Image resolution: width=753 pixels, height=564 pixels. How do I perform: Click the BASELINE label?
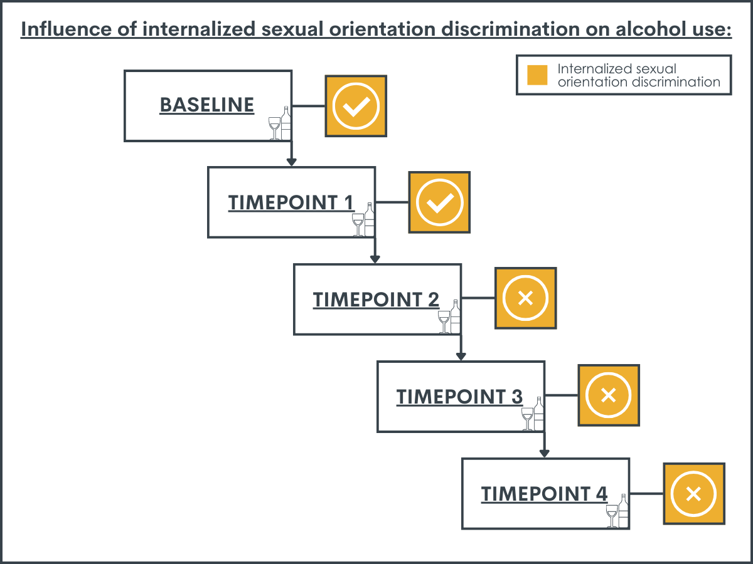coord(207,105)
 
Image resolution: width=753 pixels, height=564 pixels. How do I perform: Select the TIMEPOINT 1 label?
coord(291,202)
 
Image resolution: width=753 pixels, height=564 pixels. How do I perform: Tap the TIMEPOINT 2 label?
coord(376,300)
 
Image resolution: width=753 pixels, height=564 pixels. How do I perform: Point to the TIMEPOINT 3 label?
coord(459,397)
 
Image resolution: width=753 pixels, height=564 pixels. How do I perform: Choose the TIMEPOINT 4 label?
coord(544,494)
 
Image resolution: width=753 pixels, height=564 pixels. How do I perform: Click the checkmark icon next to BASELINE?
coord(356,106)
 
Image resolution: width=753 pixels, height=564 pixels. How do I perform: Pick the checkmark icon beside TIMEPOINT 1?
coord(439,202)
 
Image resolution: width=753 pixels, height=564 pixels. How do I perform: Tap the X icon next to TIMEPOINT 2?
coord(526,298)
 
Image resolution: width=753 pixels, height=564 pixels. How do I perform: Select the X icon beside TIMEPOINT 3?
coord(609,395)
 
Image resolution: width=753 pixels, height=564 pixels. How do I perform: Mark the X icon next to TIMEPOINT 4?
coord(693,494)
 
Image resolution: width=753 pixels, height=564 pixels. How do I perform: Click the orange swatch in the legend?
coord(537,75)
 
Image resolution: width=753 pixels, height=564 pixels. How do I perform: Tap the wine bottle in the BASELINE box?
coord(286,123)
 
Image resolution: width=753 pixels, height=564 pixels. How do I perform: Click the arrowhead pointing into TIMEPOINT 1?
coord(291,162)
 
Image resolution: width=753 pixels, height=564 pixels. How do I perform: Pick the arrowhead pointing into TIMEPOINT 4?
coord(544,453)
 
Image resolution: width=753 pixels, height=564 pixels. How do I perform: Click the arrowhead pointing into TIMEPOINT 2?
coord(375,259)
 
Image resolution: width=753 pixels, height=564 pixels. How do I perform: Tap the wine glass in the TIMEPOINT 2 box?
coord(444,322)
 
